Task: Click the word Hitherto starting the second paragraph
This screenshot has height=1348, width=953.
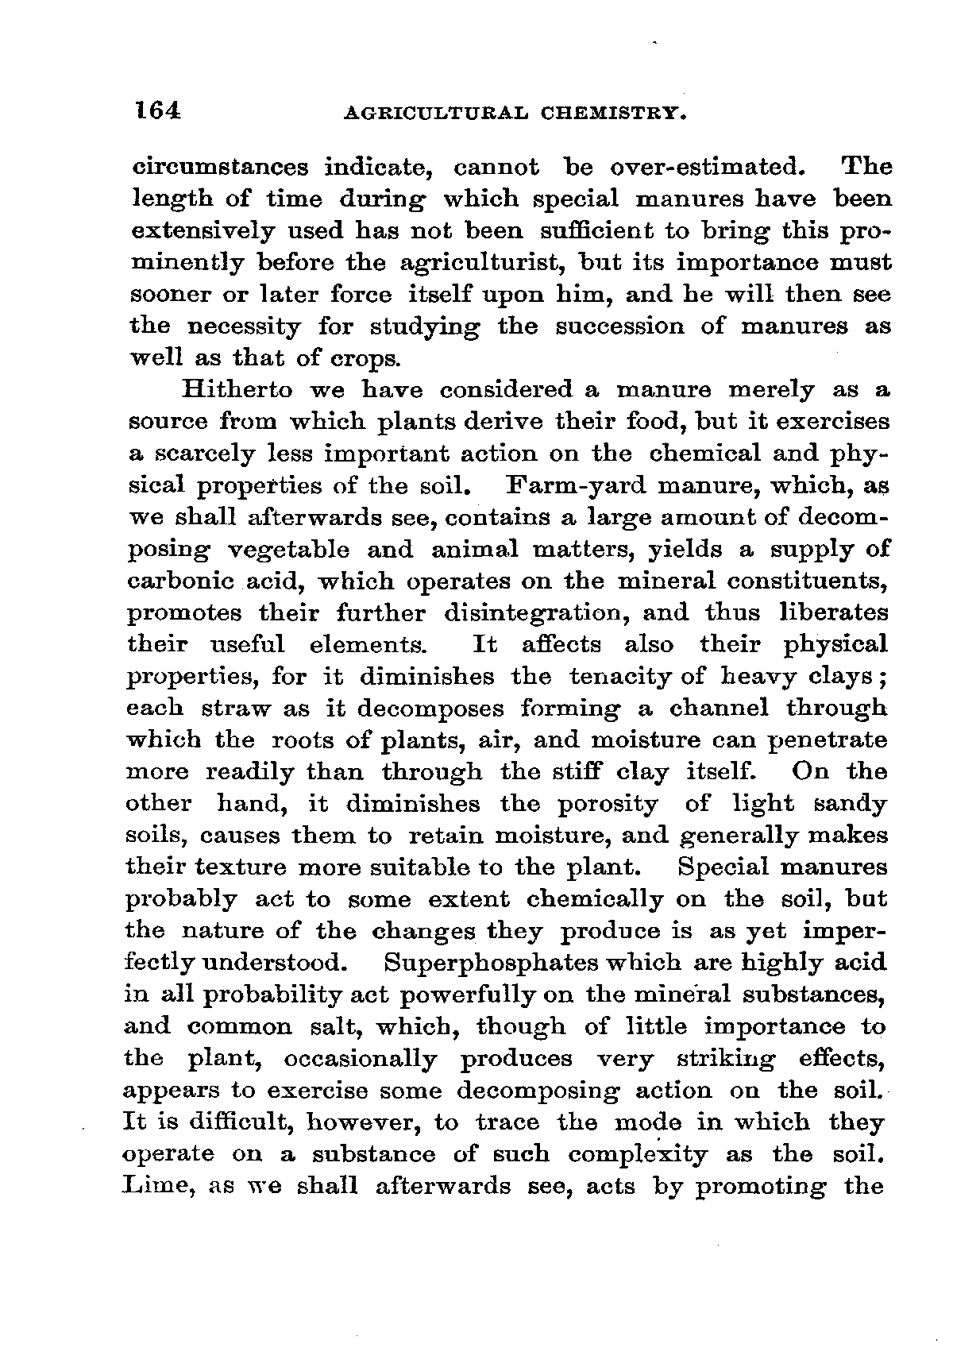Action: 237,390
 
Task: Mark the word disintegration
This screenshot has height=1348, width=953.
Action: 535,612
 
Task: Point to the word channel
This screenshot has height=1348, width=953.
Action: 719,708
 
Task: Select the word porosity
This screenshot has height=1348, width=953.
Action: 607,804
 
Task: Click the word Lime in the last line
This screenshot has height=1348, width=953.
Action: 158,1186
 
